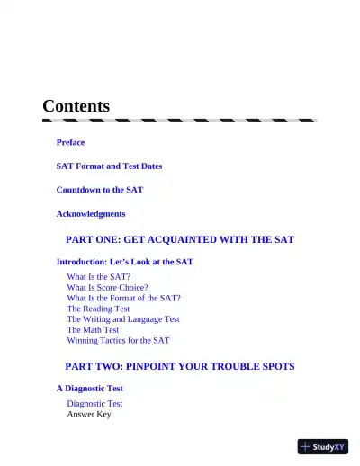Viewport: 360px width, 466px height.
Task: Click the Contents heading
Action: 76,106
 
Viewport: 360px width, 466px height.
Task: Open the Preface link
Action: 71,142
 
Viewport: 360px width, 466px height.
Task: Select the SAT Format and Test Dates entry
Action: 109,166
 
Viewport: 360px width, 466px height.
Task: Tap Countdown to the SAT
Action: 100,190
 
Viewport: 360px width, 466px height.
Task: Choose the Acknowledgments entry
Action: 91,214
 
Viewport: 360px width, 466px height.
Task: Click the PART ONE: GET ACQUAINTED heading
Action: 180,239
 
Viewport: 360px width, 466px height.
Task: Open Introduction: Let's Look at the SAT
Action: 124,262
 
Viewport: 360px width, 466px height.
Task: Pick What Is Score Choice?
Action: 107,287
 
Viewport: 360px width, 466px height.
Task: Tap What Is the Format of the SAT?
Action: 124,298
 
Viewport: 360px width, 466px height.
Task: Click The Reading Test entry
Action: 98,309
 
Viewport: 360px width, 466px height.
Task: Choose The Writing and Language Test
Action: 123,319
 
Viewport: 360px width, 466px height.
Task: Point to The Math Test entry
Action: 93,330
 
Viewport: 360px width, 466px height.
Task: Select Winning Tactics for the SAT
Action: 118,341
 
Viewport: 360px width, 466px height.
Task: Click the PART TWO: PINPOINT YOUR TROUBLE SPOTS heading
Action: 180,366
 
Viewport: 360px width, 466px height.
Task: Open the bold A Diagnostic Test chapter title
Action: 90,389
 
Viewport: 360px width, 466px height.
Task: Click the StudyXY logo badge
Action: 323,445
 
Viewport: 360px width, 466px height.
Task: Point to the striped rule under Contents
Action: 180,120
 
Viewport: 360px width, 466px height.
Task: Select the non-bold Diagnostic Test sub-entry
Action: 94,404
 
